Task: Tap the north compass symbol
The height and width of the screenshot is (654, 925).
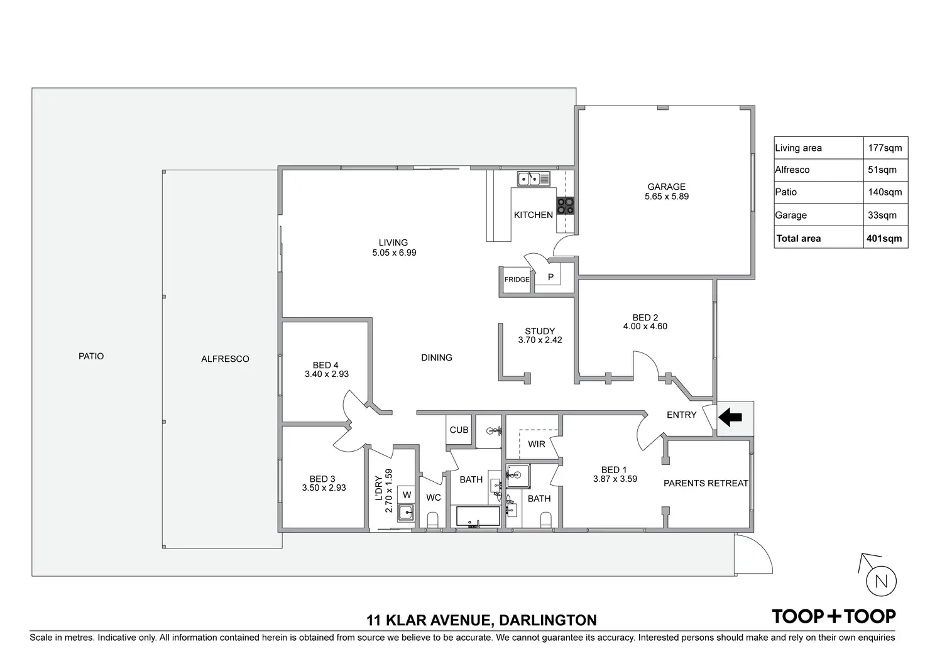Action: (x=880, y=581)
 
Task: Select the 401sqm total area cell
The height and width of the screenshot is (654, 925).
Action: (x=884, y=238)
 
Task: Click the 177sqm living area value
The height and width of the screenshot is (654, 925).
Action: (x=884, y=148)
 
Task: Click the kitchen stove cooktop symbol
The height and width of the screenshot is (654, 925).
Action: (x=565, y=205)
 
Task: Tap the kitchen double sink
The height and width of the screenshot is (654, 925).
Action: (x=534, y=179)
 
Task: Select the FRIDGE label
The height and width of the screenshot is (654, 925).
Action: (x=517, y=280)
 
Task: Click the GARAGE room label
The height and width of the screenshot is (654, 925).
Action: (x=666, y=187)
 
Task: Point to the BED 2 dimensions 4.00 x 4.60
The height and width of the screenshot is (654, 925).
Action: (x=645, y=327)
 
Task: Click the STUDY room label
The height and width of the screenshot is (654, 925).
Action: (x=540, y=331)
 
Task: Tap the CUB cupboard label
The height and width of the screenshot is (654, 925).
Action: (x=459, y=430)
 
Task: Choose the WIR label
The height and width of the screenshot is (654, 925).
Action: (x=536, y=444)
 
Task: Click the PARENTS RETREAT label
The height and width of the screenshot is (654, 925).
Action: (x=706, y=483)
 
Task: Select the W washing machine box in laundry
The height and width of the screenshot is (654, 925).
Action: (x=407, y=495)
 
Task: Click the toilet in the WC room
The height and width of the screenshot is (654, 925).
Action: (x=432, y=521)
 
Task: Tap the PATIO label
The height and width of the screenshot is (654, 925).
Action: (x=91, y=356)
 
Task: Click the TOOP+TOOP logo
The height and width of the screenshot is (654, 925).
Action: (x=833, y=616)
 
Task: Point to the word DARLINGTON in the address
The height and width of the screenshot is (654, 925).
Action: (x=547, y=621)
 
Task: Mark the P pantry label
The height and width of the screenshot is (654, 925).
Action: (x=550, y=277)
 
